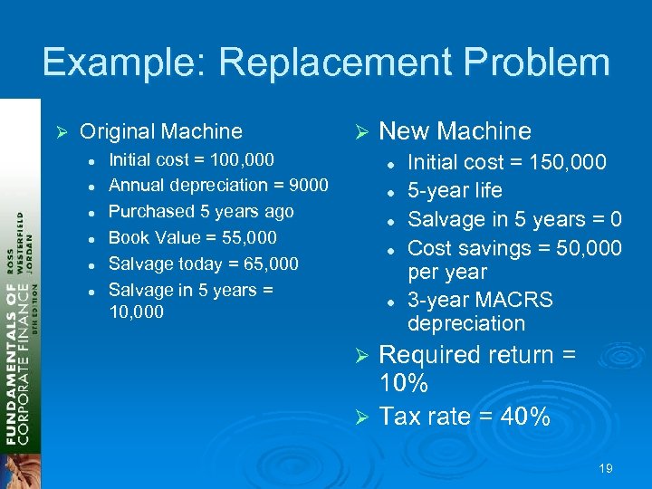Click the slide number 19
point(606,468)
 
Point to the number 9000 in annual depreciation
point(307,185)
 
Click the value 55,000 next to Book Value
point(245,237)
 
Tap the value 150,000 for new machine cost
point(581,163)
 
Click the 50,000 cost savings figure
point(581,247)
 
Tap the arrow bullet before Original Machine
point(62,132)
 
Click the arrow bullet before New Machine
point(360,132)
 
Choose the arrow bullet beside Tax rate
point(360,417)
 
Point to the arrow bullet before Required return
point(360,356)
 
